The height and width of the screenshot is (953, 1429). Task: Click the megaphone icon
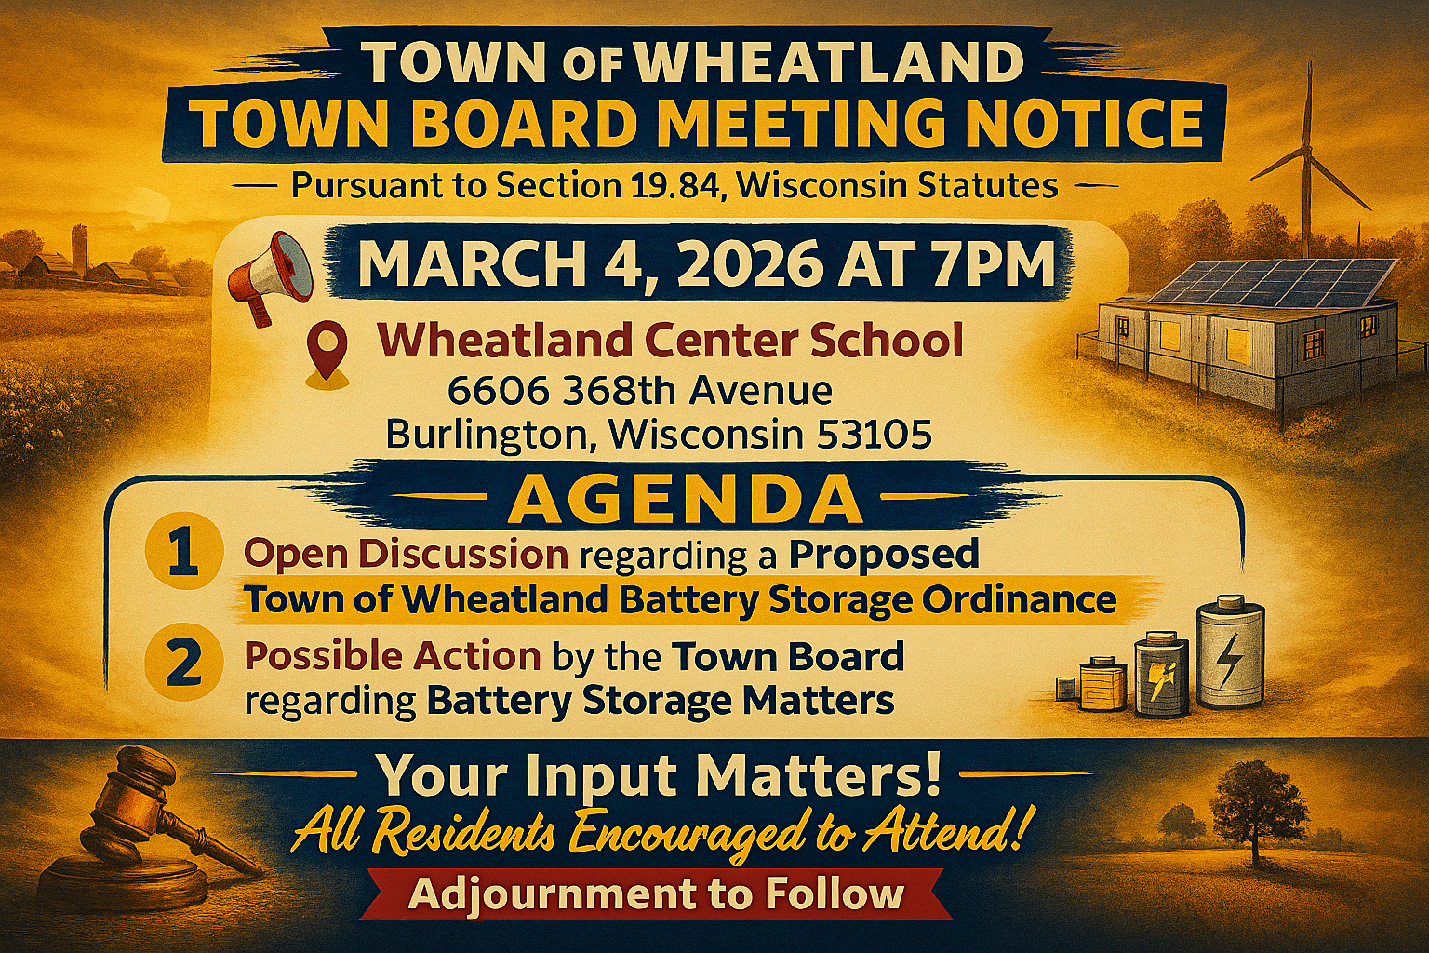coord(270,275)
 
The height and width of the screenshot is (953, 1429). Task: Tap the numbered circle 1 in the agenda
coord(183,551)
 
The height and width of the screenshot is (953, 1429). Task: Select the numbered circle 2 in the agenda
coord(183,662)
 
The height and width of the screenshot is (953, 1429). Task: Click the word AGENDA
coord(685,501)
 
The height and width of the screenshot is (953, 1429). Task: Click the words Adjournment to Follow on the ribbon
coord(656,894)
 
